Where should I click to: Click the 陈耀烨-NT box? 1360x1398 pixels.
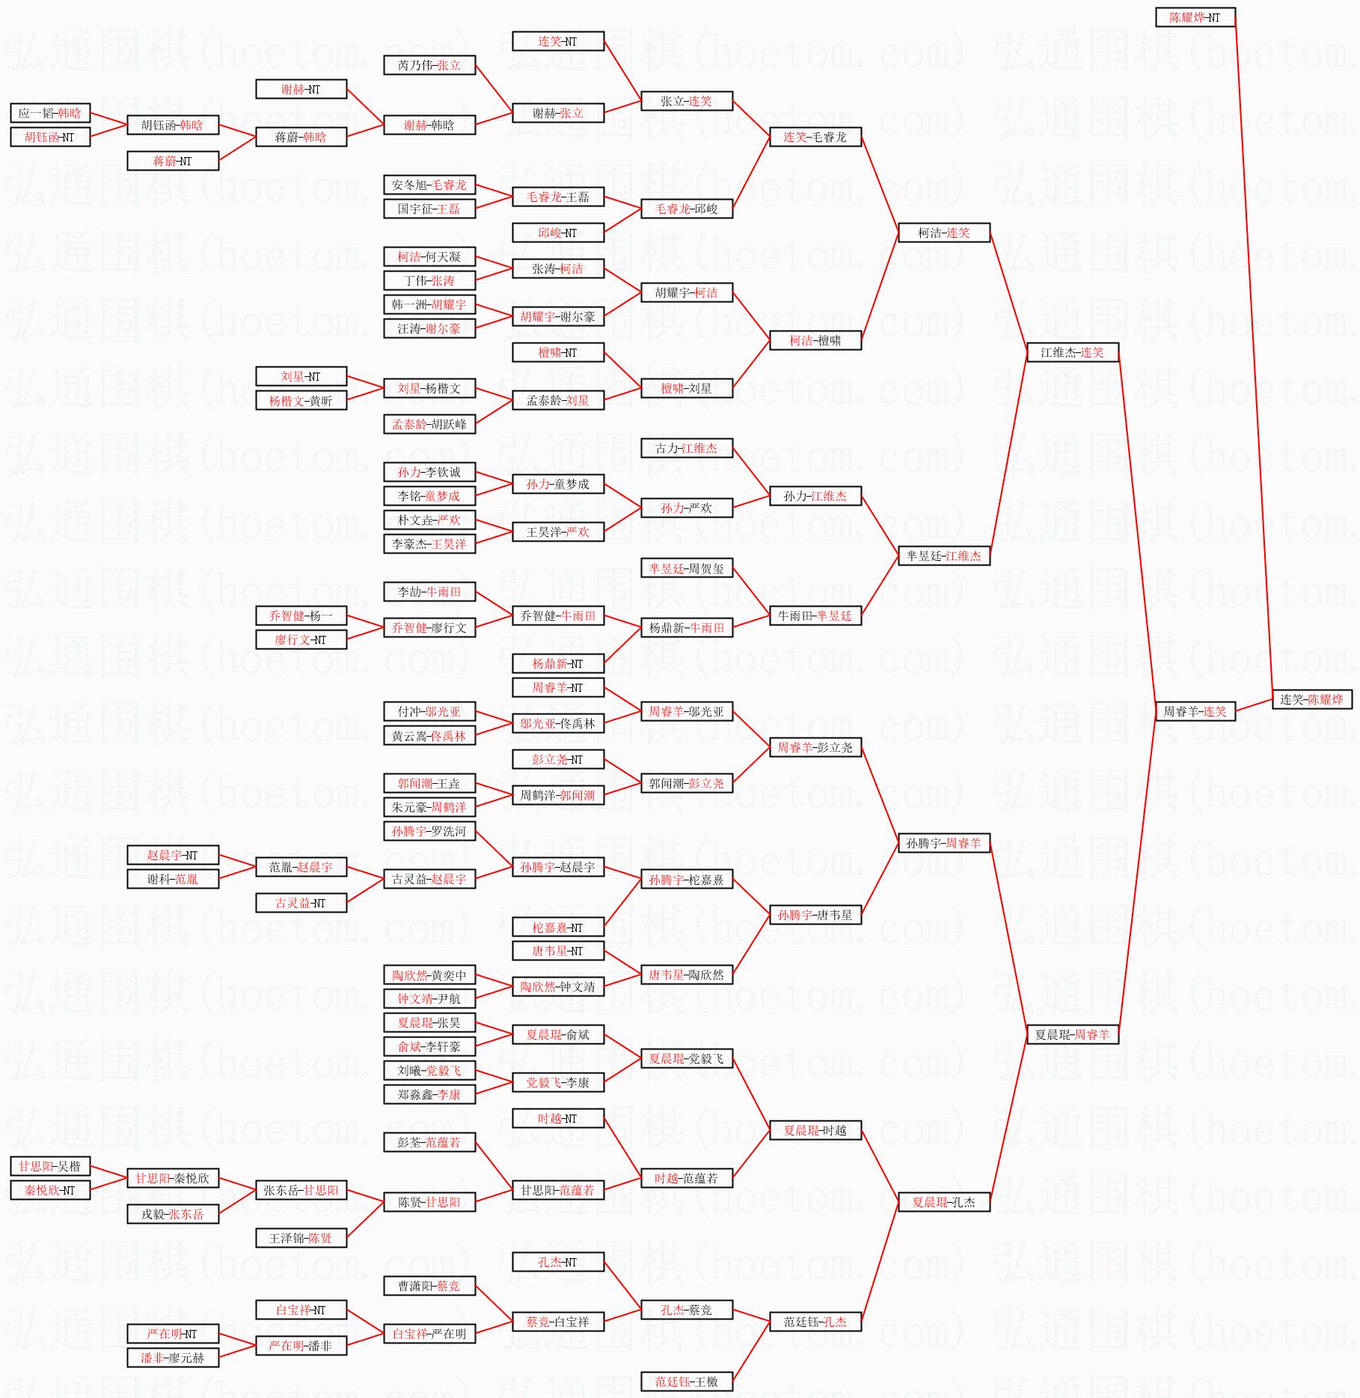1195,17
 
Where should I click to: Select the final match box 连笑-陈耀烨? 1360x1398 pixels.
1311,699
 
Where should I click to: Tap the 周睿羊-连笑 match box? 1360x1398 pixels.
1195,711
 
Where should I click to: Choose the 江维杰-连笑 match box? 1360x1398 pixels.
1072,352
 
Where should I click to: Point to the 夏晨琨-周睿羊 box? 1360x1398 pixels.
1072,1034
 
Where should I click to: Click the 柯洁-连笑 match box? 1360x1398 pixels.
943,233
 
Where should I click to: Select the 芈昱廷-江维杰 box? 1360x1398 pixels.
943,556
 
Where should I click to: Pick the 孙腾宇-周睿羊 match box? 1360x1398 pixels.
943,843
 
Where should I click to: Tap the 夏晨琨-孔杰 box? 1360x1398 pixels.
943,1202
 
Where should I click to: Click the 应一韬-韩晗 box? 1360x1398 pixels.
50,113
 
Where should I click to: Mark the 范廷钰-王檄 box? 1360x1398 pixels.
686,1382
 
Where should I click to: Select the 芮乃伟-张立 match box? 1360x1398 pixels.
429,65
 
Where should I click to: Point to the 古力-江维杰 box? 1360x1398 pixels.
686,448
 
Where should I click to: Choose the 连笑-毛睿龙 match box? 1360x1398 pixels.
815,137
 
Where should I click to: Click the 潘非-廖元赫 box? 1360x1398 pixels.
173,1358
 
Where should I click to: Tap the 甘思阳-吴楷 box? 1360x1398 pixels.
50,1166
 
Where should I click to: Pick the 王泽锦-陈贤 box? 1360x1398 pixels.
301,1238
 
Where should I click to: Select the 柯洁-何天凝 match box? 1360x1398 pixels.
429,257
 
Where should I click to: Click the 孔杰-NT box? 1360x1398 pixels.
557,1262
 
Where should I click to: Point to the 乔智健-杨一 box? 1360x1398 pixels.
301,616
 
